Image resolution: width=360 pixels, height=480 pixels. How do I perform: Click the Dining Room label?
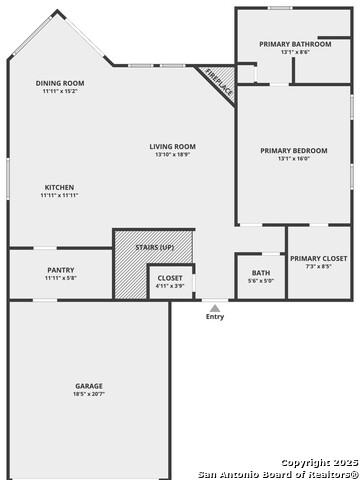(x=60, y=83)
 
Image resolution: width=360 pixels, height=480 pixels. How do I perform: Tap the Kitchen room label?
(x=60, y=187)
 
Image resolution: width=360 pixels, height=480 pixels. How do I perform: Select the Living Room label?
(x=172, y=146)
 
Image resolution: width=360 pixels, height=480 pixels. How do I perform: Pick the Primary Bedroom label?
(x=294, y=151)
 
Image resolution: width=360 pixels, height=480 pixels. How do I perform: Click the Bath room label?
(x=260, y=272)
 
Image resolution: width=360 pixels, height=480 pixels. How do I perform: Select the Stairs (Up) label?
(x=155, y=246)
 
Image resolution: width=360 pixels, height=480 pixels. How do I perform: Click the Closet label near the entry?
(x=170, y=277)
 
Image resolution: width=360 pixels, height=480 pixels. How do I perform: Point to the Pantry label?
(x=60, y=269)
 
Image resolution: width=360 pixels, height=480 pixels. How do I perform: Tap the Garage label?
(x=89, y=386)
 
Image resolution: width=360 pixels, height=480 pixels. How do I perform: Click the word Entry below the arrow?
(x=215, y=317)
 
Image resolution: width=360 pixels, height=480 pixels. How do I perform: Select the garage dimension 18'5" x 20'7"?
(x=89, y=394)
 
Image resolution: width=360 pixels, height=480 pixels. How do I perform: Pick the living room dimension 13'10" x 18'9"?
(x=172, y=154)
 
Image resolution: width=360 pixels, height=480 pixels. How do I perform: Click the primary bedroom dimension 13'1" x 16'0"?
(x=294, y=158)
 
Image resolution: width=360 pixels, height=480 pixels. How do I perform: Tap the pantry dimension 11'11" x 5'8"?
(x=60, y=277)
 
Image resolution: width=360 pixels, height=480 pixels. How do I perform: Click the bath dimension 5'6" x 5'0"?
(x=260, y=280)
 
